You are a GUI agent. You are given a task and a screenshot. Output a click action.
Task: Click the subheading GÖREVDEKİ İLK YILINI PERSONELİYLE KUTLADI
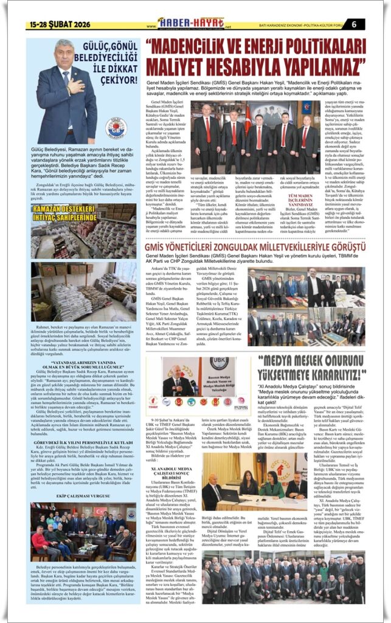[77, 442]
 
